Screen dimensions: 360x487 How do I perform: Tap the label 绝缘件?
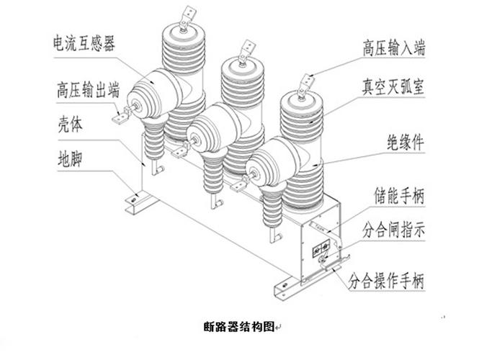click(405, 143)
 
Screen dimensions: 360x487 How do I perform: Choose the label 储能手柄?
click(397, 195)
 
